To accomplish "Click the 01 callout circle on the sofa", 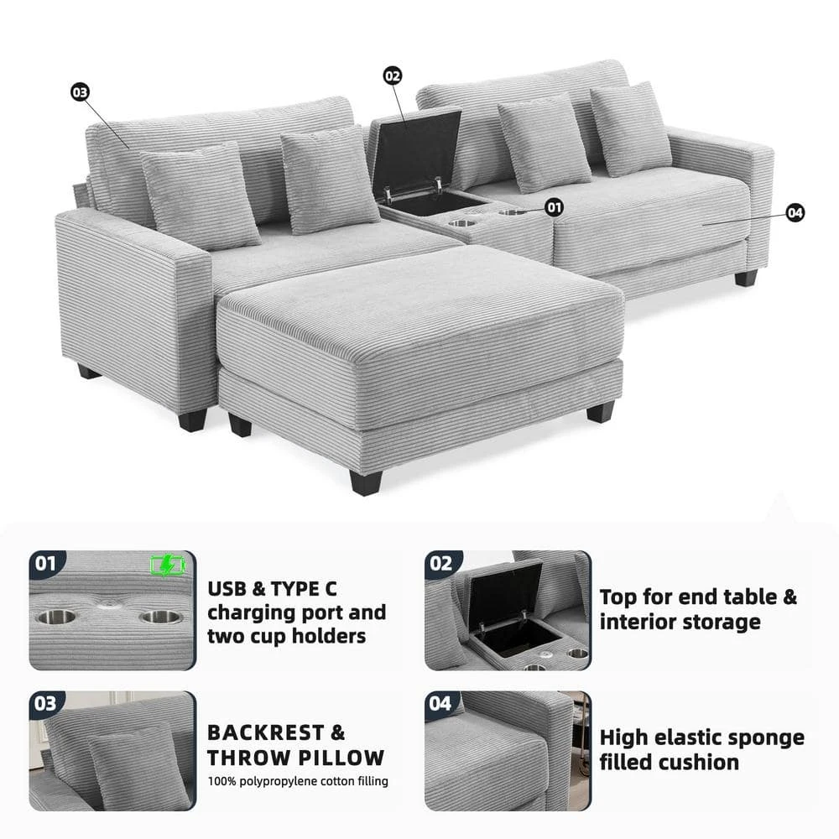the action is [x=555, y=207].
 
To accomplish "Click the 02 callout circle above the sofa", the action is [x=392, y=76].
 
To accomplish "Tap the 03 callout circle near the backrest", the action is [x=80, y=92].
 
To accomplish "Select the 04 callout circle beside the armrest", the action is [x=795, y=213].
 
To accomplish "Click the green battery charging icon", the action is [x=168, y=565].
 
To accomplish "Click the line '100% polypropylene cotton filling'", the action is [x=298, y=781].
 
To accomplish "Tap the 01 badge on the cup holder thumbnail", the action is [x=46, y=562].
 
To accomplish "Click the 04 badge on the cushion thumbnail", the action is [x=441, y=703].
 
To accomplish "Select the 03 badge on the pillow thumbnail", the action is [x=45, y=703].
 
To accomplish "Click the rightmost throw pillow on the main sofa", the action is [x=630, y=128].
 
